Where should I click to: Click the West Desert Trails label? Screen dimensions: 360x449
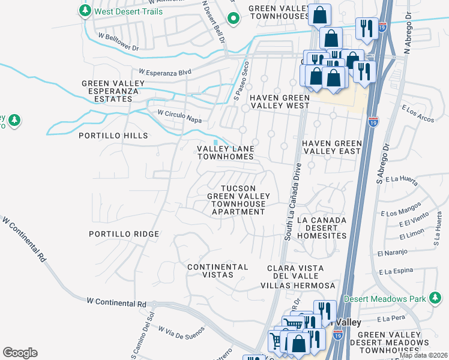(128, 11)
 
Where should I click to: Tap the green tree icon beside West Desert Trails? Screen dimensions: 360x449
(85, 11)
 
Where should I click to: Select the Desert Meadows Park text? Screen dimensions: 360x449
(385, 299)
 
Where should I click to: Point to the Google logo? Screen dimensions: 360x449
(20, 353)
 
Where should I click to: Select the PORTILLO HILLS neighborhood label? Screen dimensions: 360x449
(113, 136)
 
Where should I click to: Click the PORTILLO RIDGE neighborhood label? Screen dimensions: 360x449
(124, 234)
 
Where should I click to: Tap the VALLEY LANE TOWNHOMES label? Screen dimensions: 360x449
(226, 152)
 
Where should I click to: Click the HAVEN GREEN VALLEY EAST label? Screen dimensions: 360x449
(332, 147)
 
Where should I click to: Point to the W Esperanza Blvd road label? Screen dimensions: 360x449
(165, 72)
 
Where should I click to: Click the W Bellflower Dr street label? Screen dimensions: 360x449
(119, 42)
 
